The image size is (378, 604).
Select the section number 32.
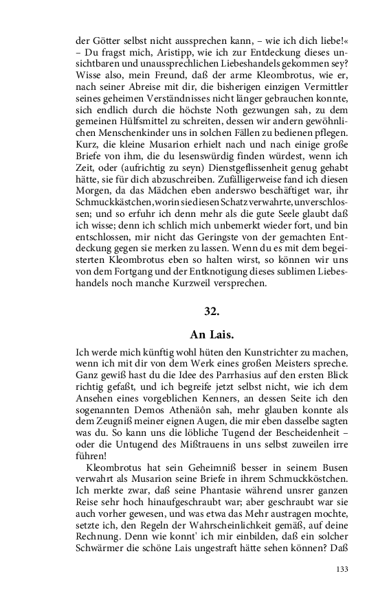point(212,311)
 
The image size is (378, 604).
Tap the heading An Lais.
point(212,335)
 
